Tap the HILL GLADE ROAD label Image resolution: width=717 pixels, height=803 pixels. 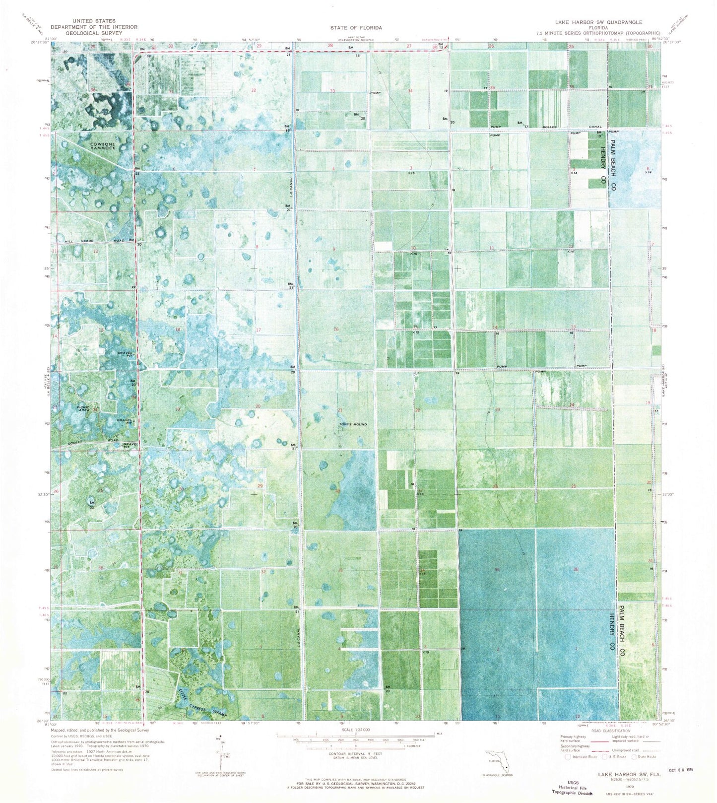tap(95, 241)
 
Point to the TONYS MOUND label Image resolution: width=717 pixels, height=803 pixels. tap(353, 424)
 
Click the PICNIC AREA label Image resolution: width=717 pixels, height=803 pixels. tap(84, 409)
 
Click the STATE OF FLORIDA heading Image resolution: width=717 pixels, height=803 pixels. tap(356, 28)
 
